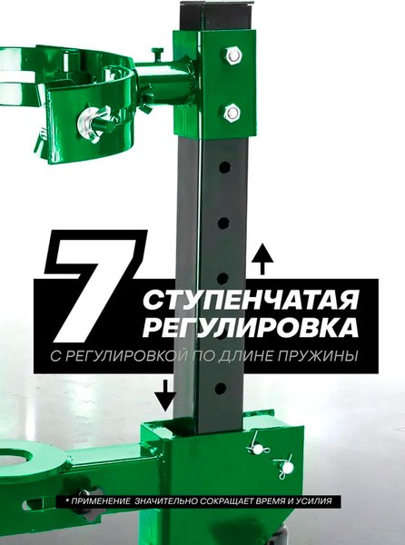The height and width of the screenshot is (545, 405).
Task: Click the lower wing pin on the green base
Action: click(286, 468)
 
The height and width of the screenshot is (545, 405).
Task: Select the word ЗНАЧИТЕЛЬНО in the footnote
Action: click(174, 500)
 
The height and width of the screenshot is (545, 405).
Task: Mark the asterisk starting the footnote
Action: click(66, 500)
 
